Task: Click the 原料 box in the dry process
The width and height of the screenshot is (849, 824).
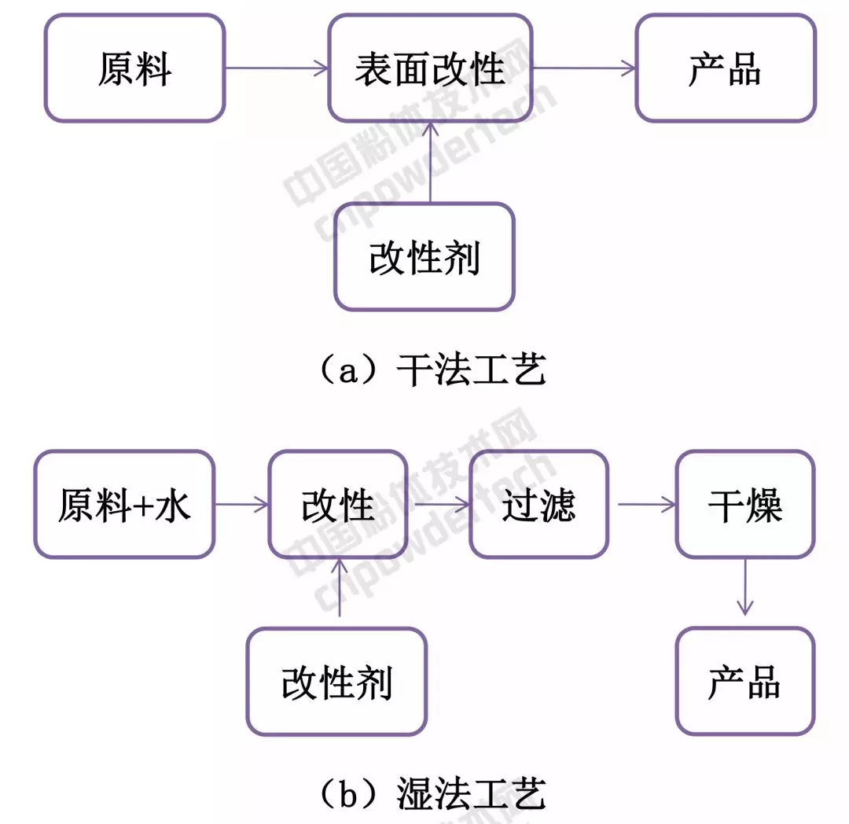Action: click(x=134, y=69)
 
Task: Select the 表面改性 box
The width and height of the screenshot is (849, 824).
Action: click(x=429, y=69)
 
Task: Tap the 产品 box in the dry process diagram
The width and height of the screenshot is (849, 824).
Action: click(x=725, y=69)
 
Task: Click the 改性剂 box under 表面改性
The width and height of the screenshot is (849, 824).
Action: click(x=424, y=256)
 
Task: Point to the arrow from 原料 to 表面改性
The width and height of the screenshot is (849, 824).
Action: click(x=276, y=69)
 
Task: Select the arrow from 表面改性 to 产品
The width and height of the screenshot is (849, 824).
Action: click(x=583, y=69)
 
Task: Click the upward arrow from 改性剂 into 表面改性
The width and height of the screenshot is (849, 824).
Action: click(x=429, y=162)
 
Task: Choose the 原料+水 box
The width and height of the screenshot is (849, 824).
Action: click(x=124, y=505)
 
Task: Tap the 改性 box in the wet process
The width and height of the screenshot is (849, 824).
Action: click(x=338, y=505)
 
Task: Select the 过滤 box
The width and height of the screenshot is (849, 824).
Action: click(x=538, y=505)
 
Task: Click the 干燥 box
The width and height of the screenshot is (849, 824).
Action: click(x=744, y=505)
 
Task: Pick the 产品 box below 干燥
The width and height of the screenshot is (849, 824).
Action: click(x=744, y=681)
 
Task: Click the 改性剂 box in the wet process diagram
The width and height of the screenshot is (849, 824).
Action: click(x=336, y=681)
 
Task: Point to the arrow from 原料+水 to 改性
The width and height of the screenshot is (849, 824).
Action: click(x=241, y=505)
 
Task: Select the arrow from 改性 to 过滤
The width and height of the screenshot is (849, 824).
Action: click(x=438, y=505)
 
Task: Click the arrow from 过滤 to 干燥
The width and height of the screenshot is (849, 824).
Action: click(x=642, y=505)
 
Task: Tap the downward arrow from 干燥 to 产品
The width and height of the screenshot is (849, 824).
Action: click(x=744, y=587)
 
